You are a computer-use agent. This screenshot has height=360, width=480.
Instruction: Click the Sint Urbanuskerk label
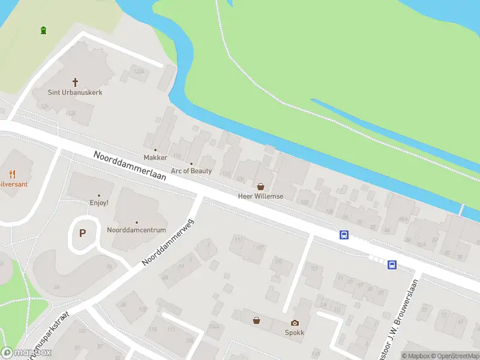tap(75, 92)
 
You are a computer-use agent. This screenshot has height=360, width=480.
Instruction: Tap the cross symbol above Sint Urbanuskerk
tap(76, 82)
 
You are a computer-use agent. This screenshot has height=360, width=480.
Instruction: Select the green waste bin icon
tap(43, 30)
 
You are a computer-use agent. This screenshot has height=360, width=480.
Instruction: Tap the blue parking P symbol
tap(83, 233)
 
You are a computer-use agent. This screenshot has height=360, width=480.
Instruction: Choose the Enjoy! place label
tap(99, 203)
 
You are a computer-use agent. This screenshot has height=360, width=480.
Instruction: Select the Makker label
tap(155, 158)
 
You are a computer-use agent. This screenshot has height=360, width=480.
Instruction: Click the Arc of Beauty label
tap(191, 171)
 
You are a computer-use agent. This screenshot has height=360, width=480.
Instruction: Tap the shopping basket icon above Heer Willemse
tap(260, 187)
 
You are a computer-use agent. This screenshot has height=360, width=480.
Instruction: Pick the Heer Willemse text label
tap(260, 196)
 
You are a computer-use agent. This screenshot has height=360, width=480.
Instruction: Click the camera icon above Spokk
tap(295, 323)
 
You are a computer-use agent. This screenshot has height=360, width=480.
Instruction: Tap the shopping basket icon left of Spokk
tap(257, 320)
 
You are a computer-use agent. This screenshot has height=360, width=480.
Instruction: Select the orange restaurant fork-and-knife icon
tap(12, 175)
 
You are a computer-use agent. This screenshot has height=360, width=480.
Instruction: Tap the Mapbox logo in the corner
tap(27, 353)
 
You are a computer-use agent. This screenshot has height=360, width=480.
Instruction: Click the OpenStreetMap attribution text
tap(453, 356)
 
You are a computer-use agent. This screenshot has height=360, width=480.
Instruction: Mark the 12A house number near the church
tap(73, 113)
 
